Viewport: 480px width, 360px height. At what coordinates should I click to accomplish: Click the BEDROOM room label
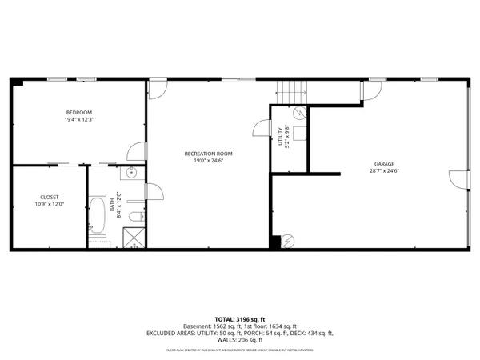tap(78, 111)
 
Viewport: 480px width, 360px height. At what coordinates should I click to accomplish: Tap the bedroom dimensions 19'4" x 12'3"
tap(78, 119)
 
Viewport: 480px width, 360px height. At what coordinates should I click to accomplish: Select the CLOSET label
tap(49, 197)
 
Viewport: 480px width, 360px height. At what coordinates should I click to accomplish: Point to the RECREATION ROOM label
tap(208, 153)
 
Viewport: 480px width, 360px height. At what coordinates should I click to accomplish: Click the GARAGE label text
tap(383, 164)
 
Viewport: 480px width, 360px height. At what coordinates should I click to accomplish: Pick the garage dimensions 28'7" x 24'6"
tap(383, 171)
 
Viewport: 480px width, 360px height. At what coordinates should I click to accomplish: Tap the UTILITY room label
tap(281, 137)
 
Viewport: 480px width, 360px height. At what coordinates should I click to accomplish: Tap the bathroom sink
tap(132, 173)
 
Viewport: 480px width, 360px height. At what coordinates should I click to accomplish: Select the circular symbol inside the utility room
tap(300, 114)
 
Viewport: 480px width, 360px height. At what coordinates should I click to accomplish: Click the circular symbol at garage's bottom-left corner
tap(289, 240)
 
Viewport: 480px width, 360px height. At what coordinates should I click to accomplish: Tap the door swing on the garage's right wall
tap(457, 181)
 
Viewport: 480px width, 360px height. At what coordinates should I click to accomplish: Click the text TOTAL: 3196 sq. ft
tap(239, 319)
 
